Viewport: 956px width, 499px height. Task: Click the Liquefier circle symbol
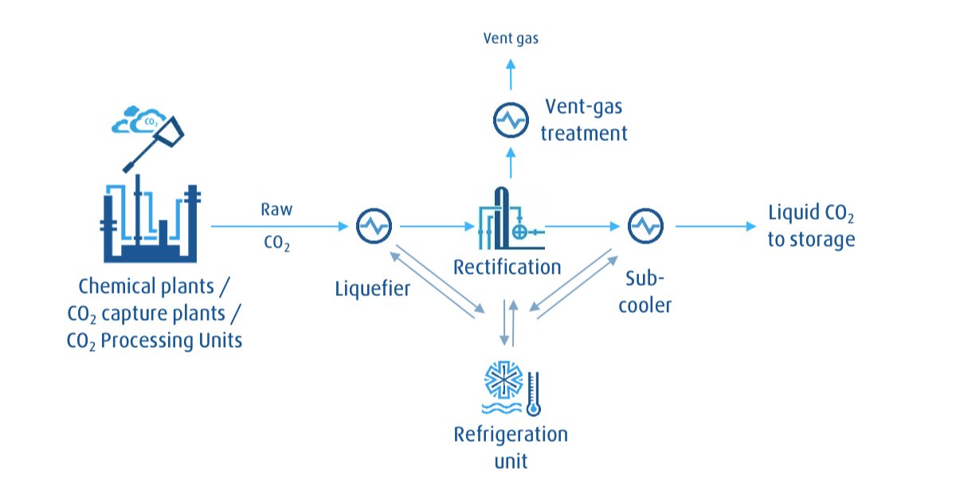[373, 227]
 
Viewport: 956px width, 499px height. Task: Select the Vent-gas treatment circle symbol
[509, 121]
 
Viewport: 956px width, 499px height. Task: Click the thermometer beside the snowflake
[533, 392]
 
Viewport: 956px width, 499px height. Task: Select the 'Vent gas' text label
[511, 38]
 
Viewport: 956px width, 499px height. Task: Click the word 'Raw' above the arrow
[276, 210]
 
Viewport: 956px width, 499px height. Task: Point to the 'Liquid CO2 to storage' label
[811, 227]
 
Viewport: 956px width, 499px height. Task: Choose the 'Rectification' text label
[507, 266]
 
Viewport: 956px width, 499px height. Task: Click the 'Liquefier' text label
[372, 287]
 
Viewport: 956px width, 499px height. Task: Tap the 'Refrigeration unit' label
[511, 446]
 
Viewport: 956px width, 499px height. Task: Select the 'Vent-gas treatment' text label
[584, 119]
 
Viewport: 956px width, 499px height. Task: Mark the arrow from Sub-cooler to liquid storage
[715, 227]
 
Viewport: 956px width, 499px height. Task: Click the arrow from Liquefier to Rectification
[437, 227]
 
